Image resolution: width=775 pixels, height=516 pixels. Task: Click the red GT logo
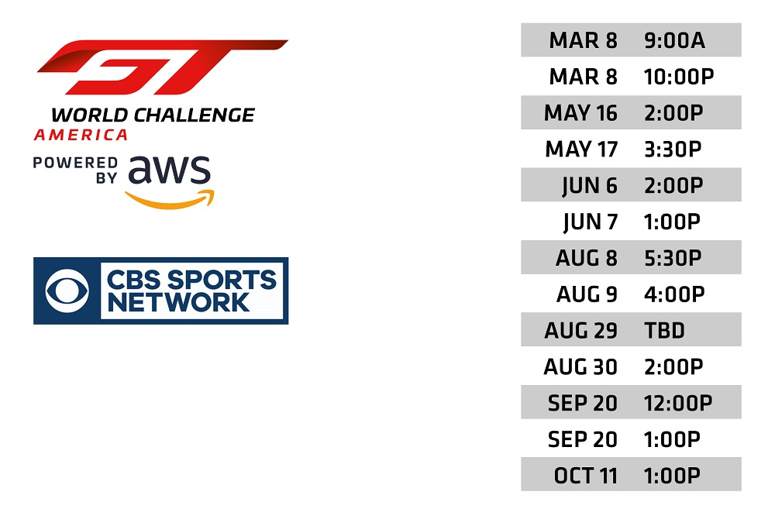coord(163,67)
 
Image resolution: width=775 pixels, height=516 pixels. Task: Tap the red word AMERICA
coord(81,135)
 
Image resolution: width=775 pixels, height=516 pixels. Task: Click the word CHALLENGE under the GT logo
coord(195,115)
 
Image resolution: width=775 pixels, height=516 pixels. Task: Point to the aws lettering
coord(169,170)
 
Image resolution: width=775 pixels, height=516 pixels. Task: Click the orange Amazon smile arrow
coord(170,200)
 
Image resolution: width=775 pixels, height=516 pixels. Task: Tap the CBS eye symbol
coord(67,291)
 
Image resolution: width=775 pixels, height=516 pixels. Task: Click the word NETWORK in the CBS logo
coord(178,302)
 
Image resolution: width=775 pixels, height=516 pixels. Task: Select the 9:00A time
coord(674,40)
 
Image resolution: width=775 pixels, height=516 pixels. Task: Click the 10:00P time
coord(679,77)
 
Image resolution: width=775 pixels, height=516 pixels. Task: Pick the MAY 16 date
coord(580,112)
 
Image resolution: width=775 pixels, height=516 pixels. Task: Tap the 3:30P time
coord(673,149)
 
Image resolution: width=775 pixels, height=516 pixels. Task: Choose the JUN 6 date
coord(590,185)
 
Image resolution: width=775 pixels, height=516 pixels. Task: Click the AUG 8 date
coord(587,257)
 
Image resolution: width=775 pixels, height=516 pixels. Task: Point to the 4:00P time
coord(674,294)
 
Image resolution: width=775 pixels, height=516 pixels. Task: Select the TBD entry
coord(664,330)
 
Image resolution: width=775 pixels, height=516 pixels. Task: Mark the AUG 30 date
coord(580,366)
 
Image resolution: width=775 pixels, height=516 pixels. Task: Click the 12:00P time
coord(678,403)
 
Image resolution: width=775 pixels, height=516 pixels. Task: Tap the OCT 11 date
coord(586,476)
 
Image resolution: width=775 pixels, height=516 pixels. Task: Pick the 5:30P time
coord(673,257)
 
